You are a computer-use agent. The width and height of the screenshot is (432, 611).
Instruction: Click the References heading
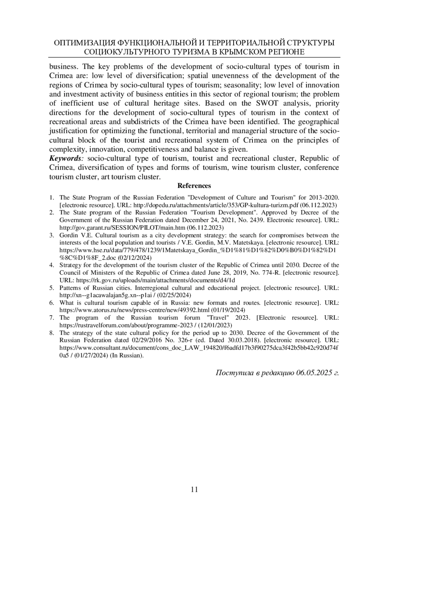194,186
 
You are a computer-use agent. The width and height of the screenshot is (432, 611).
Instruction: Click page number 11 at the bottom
194,489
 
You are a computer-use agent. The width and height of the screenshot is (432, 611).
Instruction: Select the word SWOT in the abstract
266,103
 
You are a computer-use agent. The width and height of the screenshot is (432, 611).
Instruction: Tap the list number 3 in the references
51,235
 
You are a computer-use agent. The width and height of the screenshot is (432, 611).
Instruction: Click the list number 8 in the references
51,333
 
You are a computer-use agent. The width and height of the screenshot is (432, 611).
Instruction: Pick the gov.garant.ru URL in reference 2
122,228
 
